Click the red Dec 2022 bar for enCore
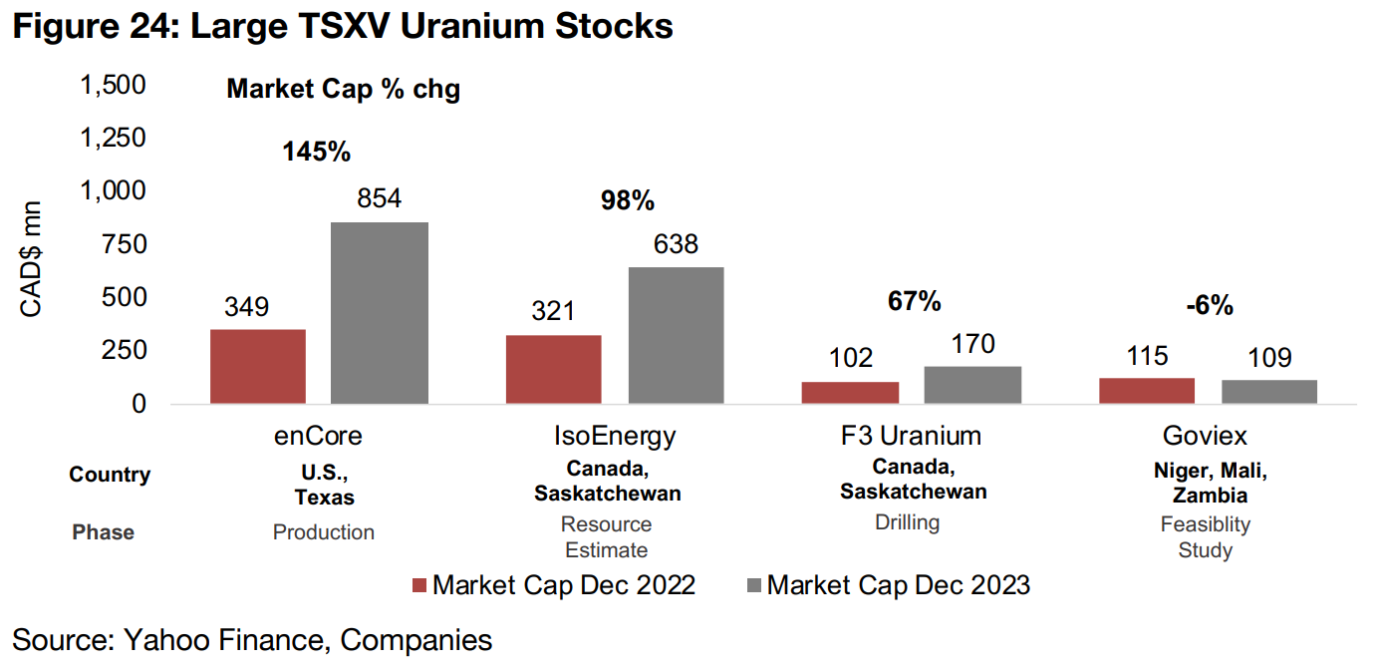pos(257,366)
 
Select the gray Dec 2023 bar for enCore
pos(380,312)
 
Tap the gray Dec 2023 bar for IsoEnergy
pos(676,335)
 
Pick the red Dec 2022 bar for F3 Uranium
pos(850,392)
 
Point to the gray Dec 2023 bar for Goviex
pos(1268,391)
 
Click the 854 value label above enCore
pos(379,198)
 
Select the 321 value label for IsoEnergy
pos(553,311)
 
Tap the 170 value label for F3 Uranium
pos(972,344)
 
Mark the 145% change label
pos(316,152)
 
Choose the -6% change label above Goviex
pos(1210,306)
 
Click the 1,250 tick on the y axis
pos(112,138)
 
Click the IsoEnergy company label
pos(614,436)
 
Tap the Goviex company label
pos(1205,436)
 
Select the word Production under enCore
pos(324,532)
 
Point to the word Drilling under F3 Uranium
pos(908,522)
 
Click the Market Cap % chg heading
pos(343,89)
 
